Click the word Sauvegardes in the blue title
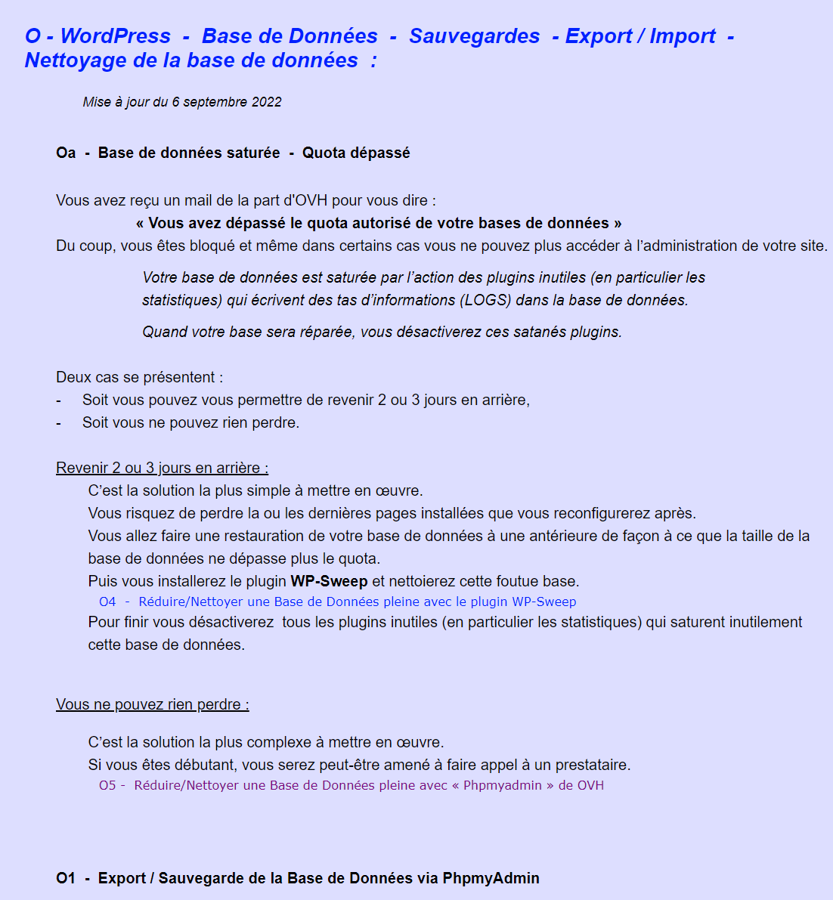pos(474,36)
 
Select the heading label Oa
pos(66,153)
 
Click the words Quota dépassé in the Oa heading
pos(356,153)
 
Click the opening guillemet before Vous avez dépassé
pos(140,223)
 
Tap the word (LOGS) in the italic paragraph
pos(486,300)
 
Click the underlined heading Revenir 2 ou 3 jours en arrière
pos(162,468)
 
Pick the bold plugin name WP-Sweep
pos(329,581)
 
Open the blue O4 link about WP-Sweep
pos(337,602)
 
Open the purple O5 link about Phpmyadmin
pos(351,785)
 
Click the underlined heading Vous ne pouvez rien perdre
pos(152,704)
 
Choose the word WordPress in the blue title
pos(116,36)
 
